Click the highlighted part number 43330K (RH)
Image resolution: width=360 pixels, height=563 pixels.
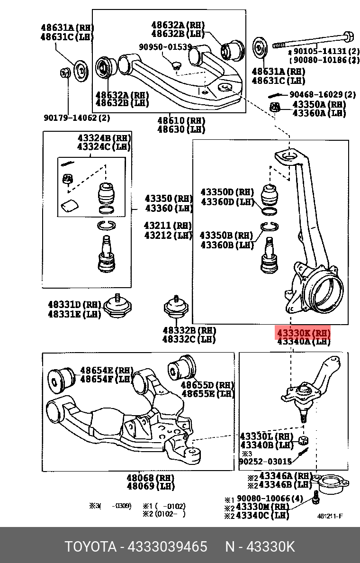pos(303,333)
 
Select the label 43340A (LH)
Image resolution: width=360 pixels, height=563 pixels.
pos(303,341)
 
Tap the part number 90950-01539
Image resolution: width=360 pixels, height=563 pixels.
pos(165,47)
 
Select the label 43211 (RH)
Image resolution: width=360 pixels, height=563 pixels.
pos(168,226)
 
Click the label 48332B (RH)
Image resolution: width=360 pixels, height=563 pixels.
pos(189,330)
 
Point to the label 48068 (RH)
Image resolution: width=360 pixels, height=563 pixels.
pos(150,478)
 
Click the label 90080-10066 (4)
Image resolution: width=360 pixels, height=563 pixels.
pos(270,499)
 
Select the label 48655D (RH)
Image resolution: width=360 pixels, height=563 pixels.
pos(207,384)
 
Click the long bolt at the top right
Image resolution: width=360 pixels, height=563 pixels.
pos(313,39)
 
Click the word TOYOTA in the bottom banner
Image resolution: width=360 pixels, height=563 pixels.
pos(90,546)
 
